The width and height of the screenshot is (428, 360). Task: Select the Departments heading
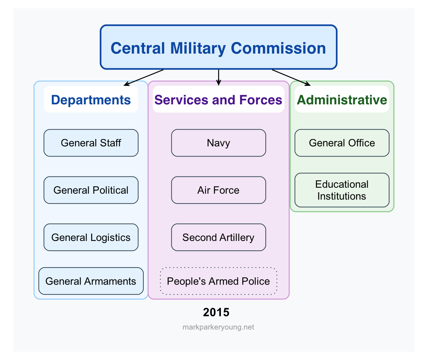pyautogui.click(x=91, y=100)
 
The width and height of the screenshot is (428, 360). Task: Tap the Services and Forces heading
pyautogui.click(x=218, y=100)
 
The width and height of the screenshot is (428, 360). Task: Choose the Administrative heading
pyautogui.click(x=342, y=100)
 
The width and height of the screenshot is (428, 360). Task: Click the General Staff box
pyautogui.click(x=91, y=143)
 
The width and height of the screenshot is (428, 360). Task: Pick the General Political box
pyautogui.click(x=91, y=190)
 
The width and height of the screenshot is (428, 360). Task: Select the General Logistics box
pyautogui.click(x=91, y=237)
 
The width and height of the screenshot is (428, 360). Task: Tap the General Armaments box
pyautogui.click(x=91, y=281)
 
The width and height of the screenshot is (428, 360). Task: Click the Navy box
pyautogui.click(x=218, y=143)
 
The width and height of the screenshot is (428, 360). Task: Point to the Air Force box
pyautogui.click(x=218, y=190)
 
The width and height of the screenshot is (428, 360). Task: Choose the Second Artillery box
pyautogui.click(x=218, y=237)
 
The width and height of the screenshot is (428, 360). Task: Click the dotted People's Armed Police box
pyautogui.click(x=218, y=281)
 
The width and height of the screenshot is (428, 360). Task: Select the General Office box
pyautogui.click(x=342, y=143)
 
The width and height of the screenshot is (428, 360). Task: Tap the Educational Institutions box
pyautogui.click(x=342, y=190)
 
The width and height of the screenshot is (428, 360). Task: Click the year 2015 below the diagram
pyautogui.click(x=216, y=312)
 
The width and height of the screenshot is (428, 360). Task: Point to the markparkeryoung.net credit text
pyautogui.click(x=218, y=327)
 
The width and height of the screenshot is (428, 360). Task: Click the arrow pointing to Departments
pyautogui.click(x=144, y=77)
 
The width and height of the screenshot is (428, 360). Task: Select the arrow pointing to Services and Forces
pyautogui.click(x=218, y=77)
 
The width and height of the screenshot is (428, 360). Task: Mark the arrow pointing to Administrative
pyautogui.click(x=291, y=77)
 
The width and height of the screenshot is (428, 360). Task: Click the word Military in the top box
pyautogui.click(x=198, y=48)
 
